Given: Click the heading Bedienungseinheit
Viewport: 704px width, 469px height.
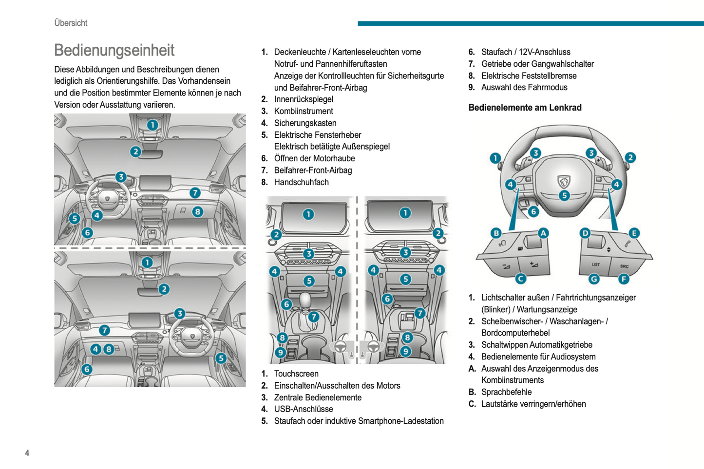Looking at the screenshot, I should (114, 50).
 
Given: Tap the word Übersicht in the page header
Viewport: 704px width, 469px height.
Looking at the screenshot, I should (71, 23).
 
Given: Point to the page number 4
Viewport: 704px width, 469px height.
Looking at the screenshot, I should (27, 453).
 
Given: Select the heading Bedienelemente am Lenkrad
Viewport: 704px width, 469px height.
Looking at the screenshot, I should (525, 108).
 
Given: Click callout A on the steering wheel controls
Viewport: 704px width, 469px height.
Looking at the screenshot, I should (543, 233).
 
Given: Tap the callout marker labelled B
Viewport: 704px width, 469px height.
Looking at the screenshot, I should (496, 233).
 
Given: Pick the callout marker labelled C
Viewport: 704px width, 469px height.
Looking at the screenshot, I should (520, 279).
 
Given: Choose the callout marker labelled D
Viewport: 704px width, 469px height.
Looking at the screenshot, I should (585, 233).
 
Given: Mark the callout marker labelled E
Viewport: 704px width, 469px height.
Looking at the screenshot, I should (634, 233).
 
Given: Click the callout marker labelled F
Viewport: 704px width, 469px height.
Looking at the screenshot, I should (624, 279).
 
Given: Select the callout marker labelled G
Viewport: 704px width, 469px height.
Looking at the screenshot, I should (594, 279).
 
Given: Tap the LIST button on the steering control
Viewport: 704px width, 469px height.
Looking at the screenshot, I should (596, 264).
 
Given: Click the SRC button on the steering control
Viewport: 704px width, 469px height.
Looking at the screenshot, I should (624, 266).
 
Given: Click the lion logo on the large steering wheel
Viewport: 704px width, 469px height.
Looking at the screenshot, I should (564, 181).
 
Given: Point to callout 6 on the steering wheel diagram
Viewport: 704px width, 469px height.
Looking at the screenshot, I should (533, 211).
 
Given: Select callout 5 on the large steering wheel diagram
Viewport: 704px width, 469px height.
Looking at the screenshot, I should (564, 196).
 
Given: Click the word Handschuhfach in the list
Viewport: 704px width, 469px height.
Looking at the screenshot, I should (301, 182).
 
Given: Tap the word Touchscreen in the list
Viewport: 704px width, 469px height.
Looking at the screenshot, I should (296, 374).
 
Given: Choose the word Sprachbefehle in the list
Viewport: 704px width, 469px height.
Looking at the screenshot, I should (506, 392).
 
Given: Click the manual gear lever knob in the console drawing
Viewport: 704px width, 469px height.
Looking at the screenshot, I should (305, 299).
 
